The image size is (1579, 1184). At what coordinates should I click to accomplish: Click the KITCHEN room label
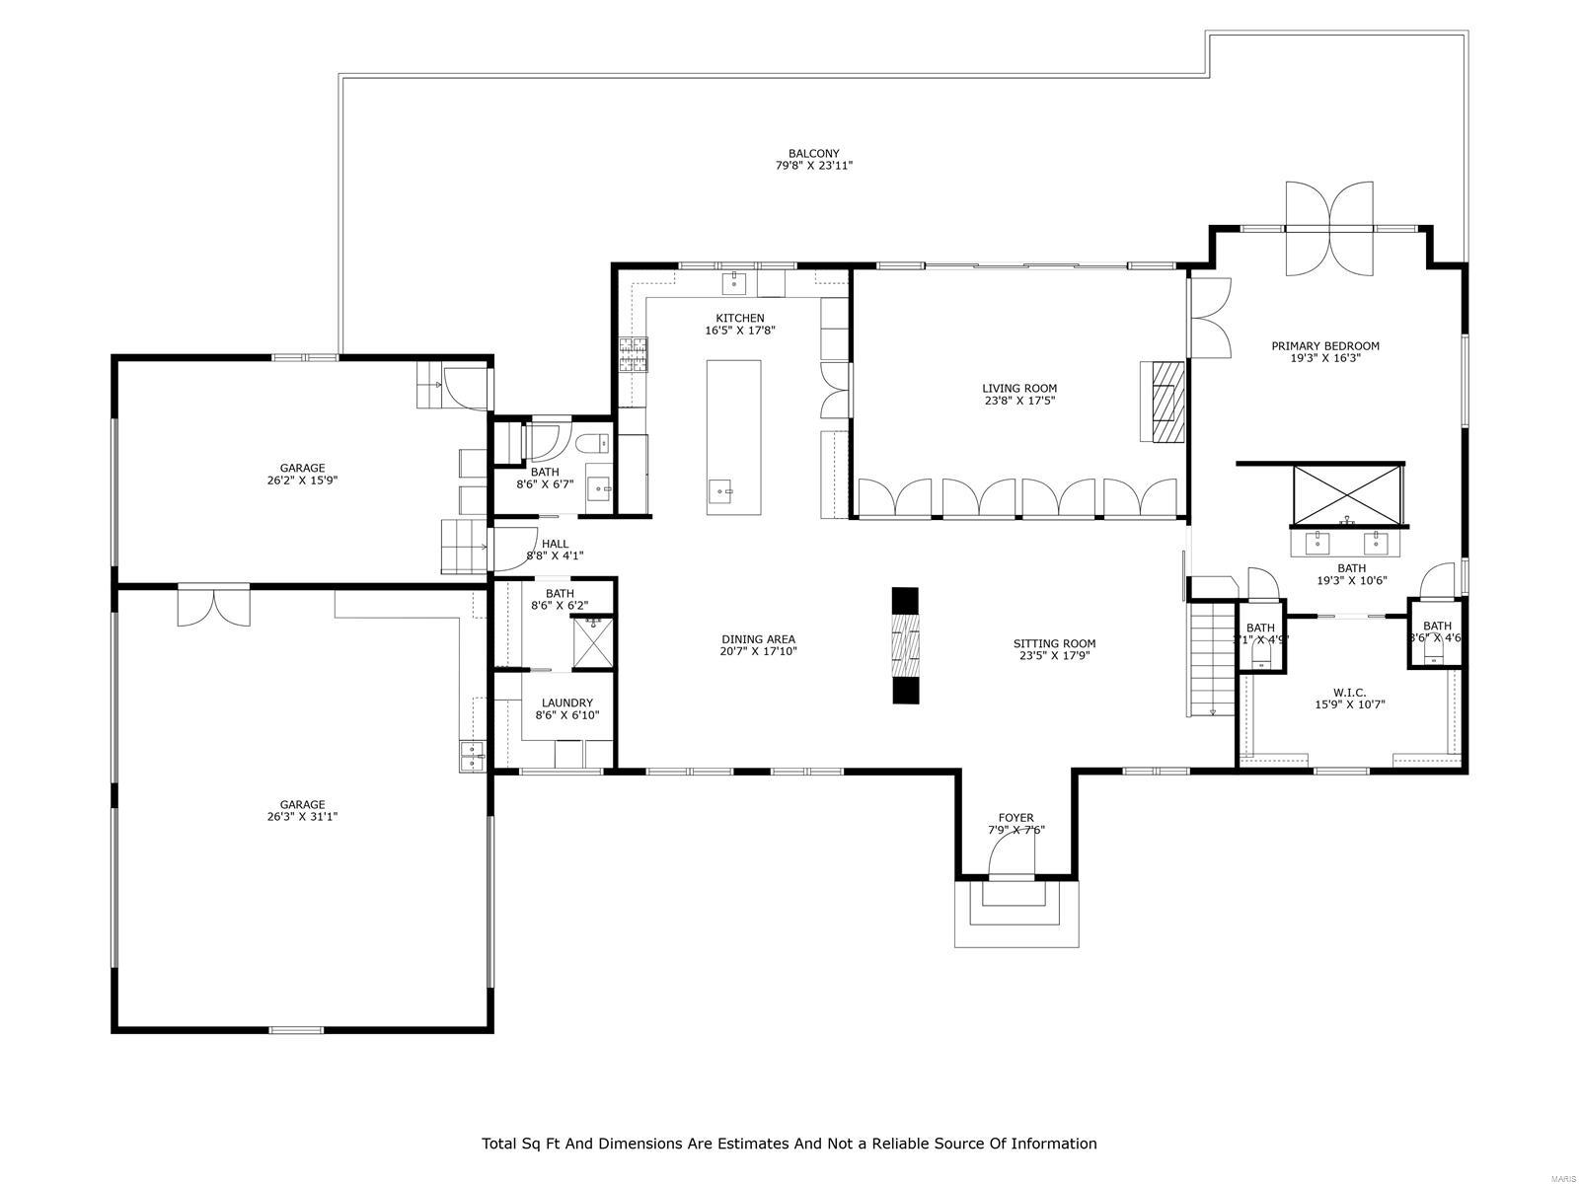click(740, 318)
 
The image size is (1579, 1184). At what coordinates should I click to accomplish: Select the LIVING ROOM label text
click(1019, 389)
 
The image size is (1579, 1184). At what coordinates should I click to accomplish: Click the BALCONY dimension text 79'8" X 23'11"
click(813, 166)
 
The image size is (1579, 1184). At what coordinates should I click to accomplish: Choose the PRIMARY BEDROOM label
click(1324, 346)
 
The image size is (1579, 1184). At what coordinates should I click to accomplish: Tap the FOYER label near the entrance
click(1015, 818)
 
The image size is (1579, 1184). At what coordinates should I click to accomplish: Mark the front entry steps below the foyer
click(1015, 913)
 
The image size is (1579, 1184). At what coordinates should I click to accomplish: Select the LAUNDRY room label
click(567, 703)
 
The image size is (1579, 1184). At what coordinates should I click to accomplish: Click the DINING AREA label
click(758, 639)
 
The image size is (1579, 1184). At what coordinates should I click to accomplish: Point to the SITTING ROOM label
click(1054, 643)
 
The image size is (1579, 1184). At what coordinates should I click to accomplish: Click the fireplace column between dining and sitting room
click(905, 645)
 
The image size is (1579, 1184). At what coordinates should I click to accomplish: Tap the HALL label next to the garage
click(555, 544)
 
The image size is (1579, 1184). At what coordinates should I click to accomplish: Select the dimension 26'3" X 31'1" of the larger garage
click(302, 817)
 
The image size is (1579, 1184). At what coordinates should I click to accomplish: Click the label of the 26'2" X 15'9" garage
click(302, 469)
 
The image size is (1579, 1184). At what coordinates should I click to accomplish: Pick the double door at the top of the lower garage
click(214, 605)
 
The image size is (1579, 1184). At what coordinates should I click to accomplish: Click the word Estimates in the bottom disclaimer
click(748, 1144)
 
